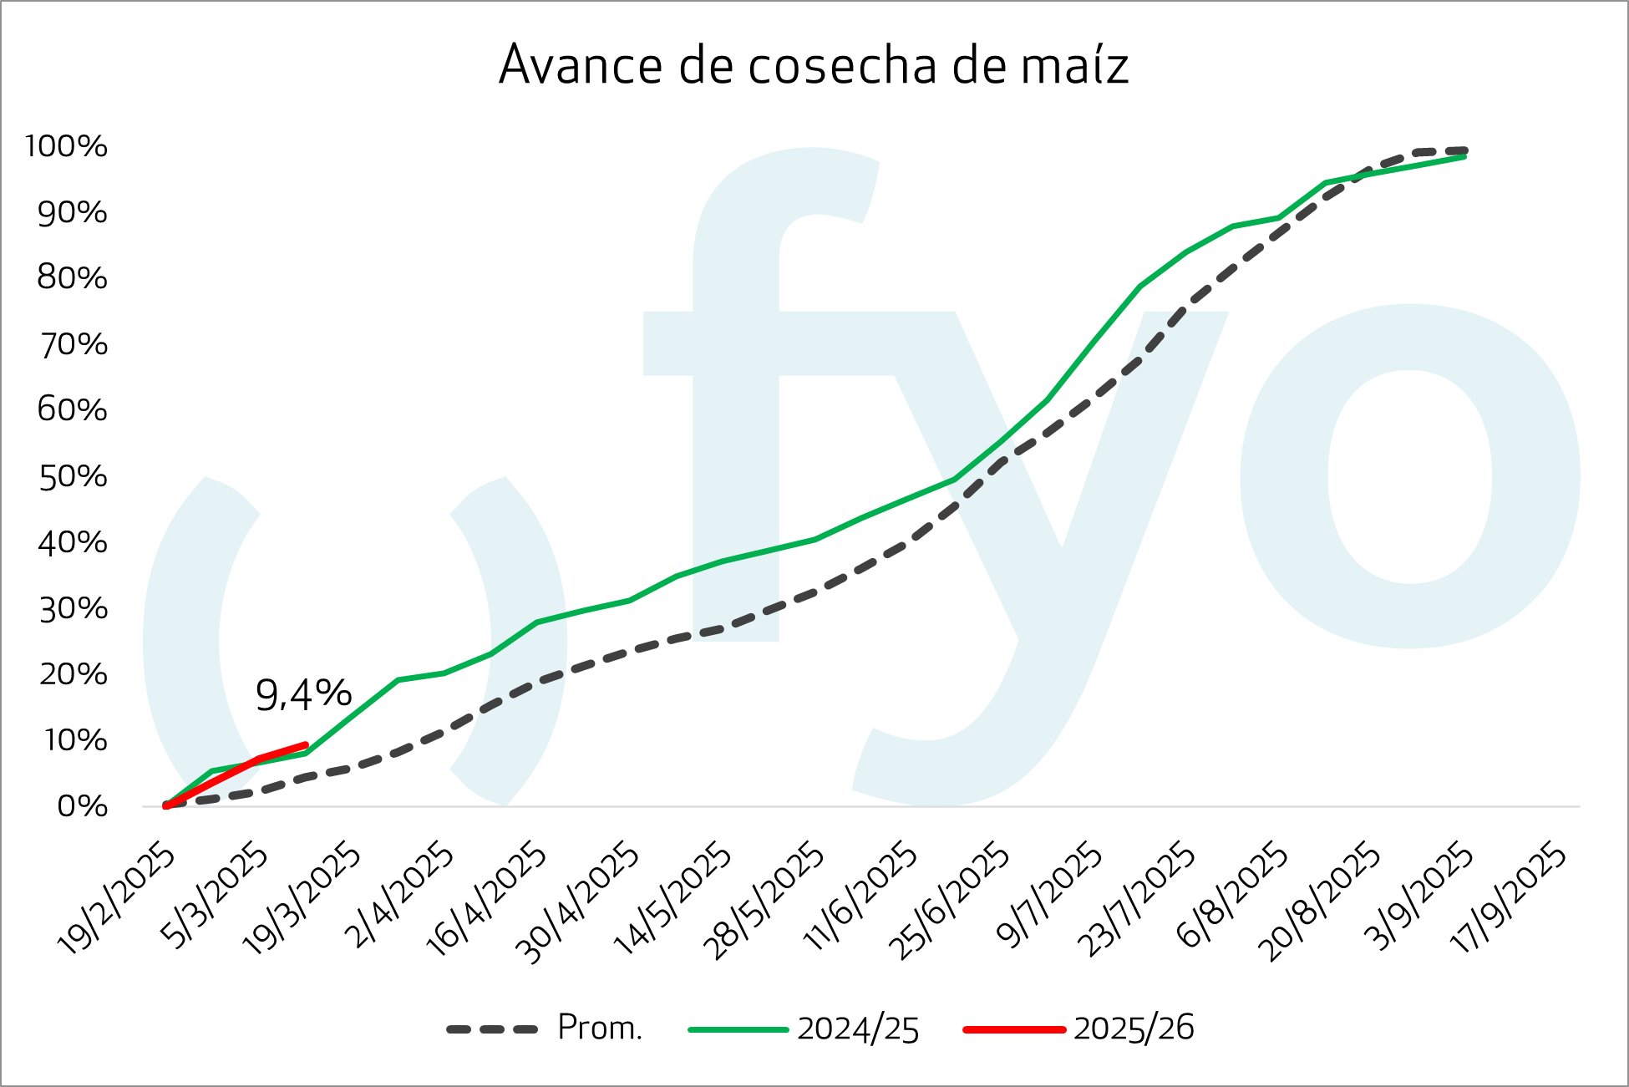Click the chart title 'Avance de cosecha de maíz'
click(x=814, y=65)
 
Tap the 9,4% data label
click(x=303, y=694)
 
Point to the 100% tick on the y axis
click(x=67, y=146)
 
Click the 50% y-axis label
click(x=73, y=476)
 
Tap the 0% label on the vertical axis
click(x=82, y=806)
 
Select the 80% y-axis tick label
click(x=73, y=277)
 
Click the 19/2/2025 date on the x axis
click(x=117, y=899)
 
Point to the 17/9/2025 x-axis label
click(x=1509, y=897)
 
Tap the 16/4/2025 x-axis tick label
click(x=486, y=899)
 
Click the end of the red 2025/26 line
click(x=305, y=745)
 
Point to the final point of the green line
click(x=1464, y=156)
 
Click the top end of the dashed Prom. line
click(x=1464, y=151)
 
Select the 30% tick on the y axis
click(x=73, y=608)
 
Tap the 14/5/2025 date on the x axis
click(x=672, y=899)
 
